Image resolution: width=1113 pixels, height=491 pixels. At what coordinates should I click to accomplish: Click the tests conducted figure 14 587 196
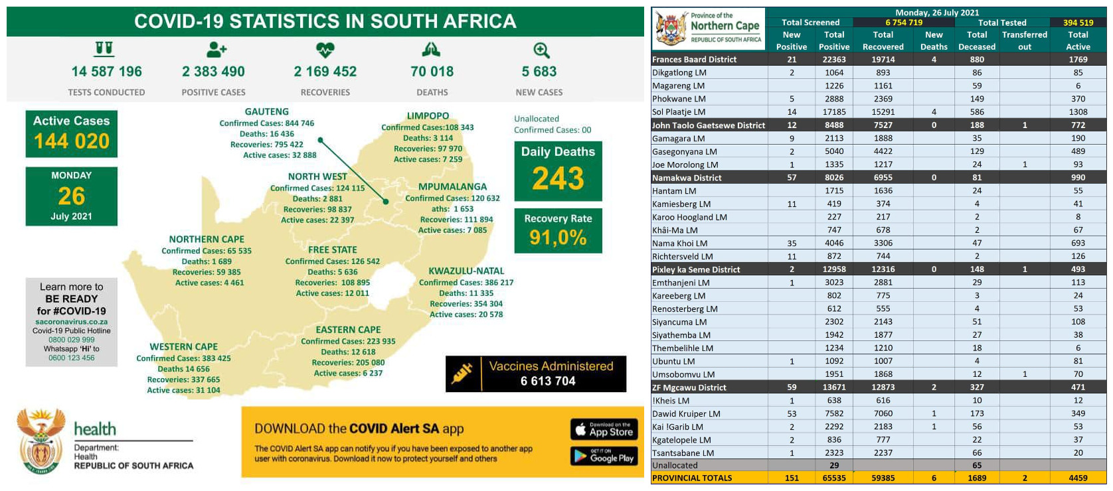tap(106, 72)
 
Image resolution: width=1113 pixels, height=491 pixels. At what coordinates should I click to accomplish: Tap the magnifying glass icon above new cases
tap(541, 50)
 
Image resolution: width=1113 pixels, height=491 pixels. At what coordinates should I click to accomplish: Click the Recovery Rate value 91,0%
tap(558, 237)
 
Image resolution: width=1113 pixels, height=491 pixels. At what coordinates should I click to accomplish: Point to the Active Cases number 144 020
tap(72, 141)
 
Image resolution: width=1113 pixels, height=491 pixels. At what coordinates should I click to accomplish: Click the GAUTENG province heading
tap(266, 111)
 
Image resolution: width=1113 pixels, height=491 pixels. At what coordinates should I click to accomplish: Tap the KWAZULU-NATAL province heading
tap(466, 271)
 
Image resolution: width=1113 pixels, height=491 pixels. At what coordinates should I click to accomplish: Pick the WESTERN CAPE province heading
tap(183, 346)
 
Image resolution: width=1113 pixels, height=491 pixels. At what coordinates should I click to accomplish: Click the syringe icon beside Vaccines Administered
tap(462, 374)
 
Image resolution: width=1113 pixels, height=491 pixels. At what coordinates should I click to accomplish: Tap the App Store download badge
tap(604, 429)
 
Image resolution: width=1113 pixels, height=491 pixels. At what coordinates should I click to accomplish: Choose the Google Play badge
tap(604, 456)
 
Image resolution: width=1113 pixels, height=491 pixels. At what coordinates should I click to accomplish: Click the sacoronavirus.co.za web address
tap(72, 322)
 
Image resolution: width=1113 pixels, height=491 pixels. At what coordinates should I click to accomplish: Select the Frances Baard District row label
tap(694, 59)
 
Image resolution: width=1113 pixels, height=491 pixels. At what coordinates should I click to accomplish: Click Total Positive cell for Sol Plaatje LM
tap(834, 112)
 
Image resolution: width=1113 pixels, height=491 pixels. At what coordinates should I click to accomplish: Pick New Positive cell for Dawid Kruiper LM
tap(792, 413)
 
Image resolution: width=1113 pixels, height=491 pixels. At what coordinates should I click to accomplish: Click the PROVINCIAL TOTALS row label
tap(692, 478)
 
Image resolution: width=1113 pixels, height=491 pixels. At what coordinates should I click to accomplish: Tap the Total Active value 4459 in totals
tap(1078, 478)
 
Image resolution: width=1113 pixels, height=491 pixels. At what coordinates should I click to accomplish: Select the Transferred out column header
tap(1025, 40)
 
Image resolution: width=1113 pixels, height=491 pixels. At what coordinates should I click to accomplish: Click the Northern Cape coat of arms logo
tap(671, 28)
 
